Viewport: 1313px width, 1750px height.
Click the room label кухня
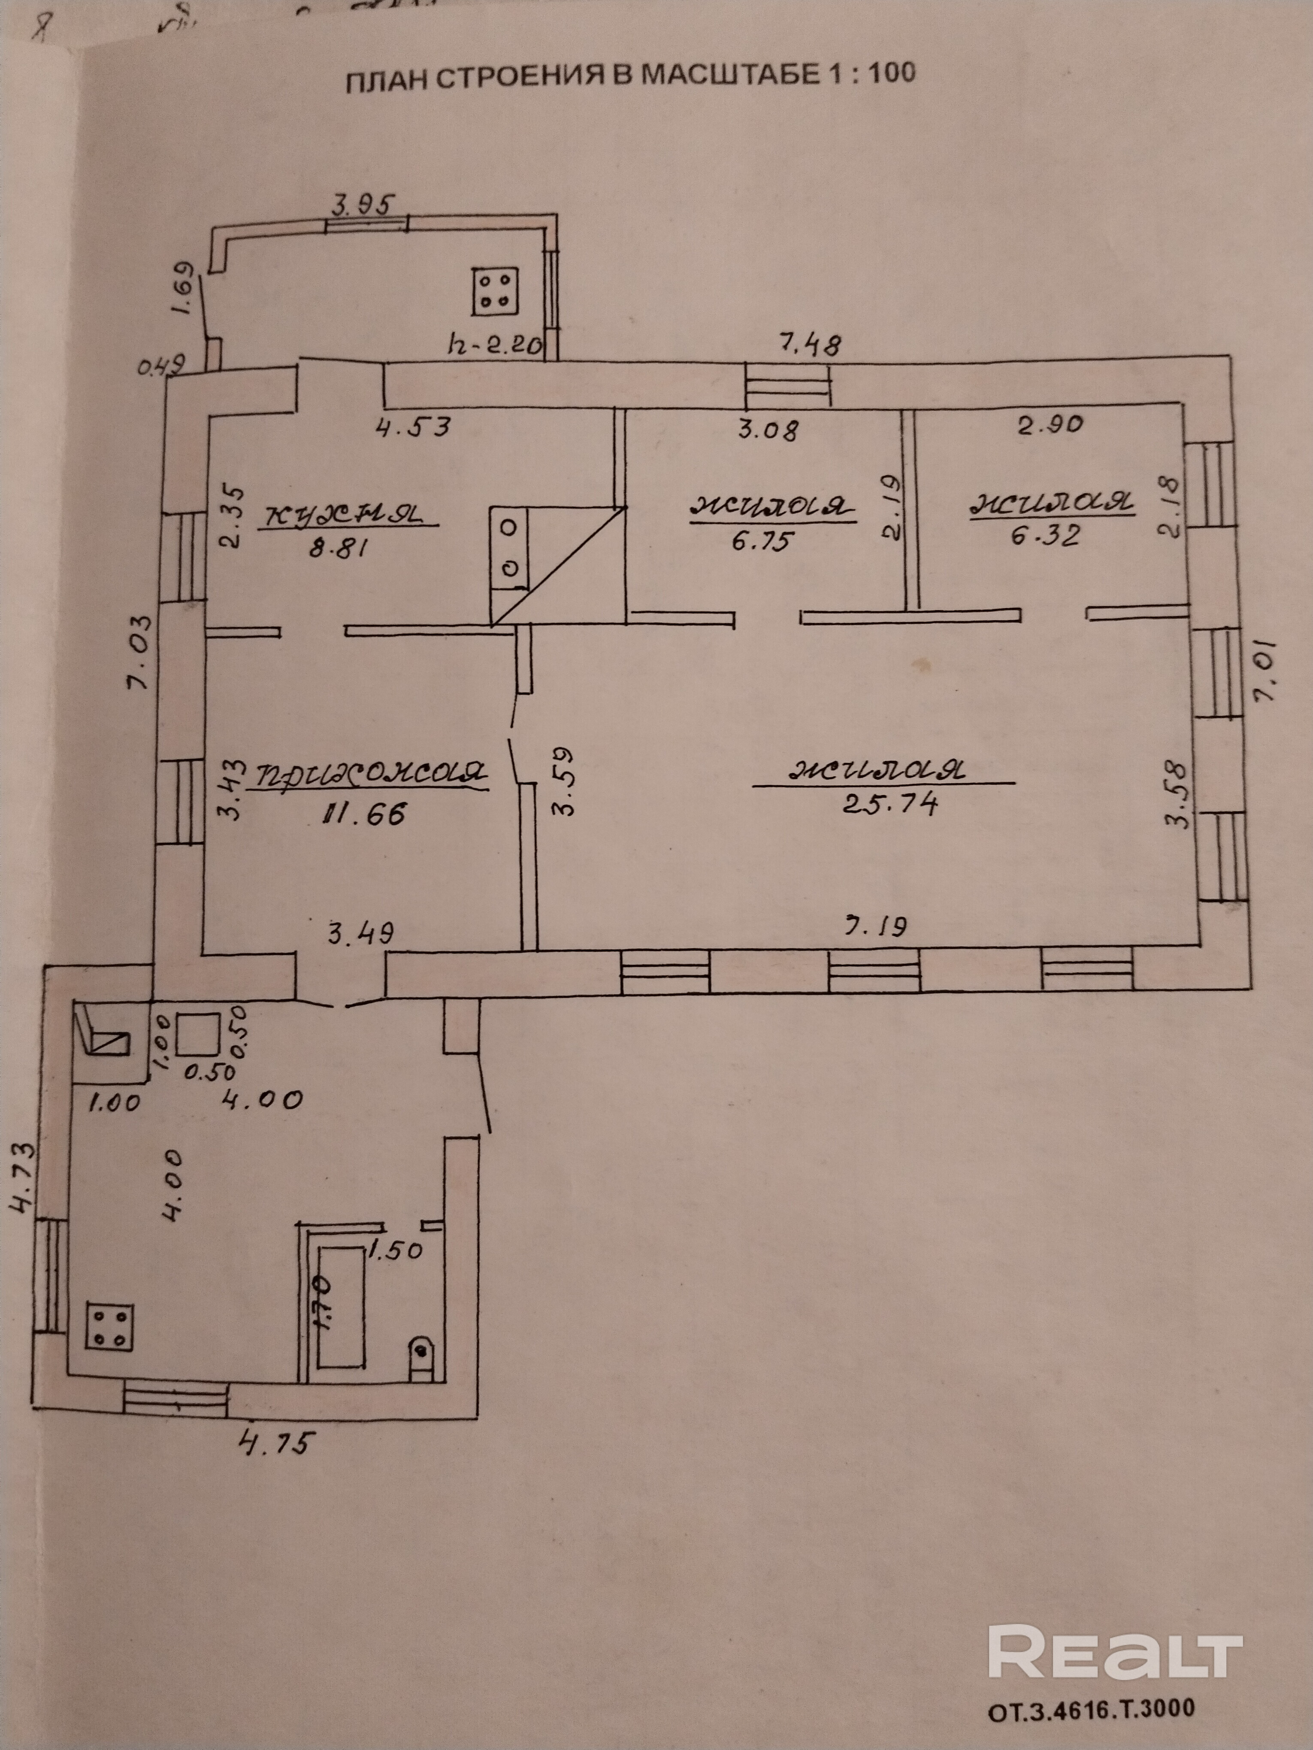(x=347, y=515)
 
